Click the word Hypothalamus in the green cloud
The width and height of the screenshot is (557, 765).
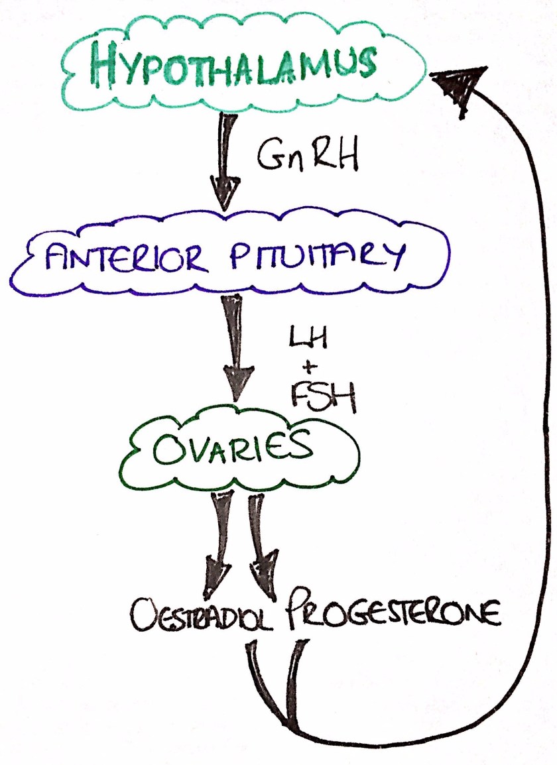pos(232,65)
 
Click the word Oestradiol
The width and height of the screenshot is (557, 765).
pos(202,620)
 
